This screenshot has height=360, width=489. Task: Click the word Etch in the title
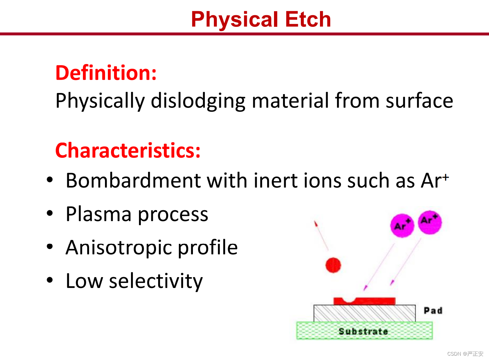(x=308, y=20)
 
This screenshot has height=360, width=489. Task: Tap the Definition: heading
(x=106, y=73)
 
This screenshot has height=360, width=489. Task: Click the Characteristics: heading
(x=128, y=150)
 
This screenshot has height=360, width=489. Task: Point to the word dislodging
(x=198, y=101)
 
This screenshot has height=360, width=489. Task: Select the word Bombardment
(x=133, y=181)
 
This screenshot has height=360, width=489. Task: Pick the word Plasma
(x=99, y=214)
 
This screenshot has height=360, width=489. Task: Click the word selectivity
(x=156, y=282)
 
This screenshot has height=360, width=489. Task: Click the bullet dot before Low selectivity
(x=50, y=280)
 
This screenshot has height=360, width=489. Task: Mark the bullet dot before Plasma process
(x=50, y=213)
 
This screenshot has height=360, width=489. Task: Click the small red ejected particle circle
(x=333, y=265)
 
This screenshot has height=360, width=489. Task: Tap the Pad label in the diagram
(x=433, y=310)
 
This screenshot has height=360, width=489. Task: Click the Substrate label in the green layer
(x=363, y=331)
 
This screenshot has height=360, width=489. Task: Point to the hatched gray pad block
(x=364, y=313)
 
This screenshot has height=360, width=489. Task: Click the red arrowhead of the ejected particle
(x=316, y=224)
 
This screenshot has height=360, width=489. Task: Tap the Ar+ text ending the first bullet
(x=435, y=181)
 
